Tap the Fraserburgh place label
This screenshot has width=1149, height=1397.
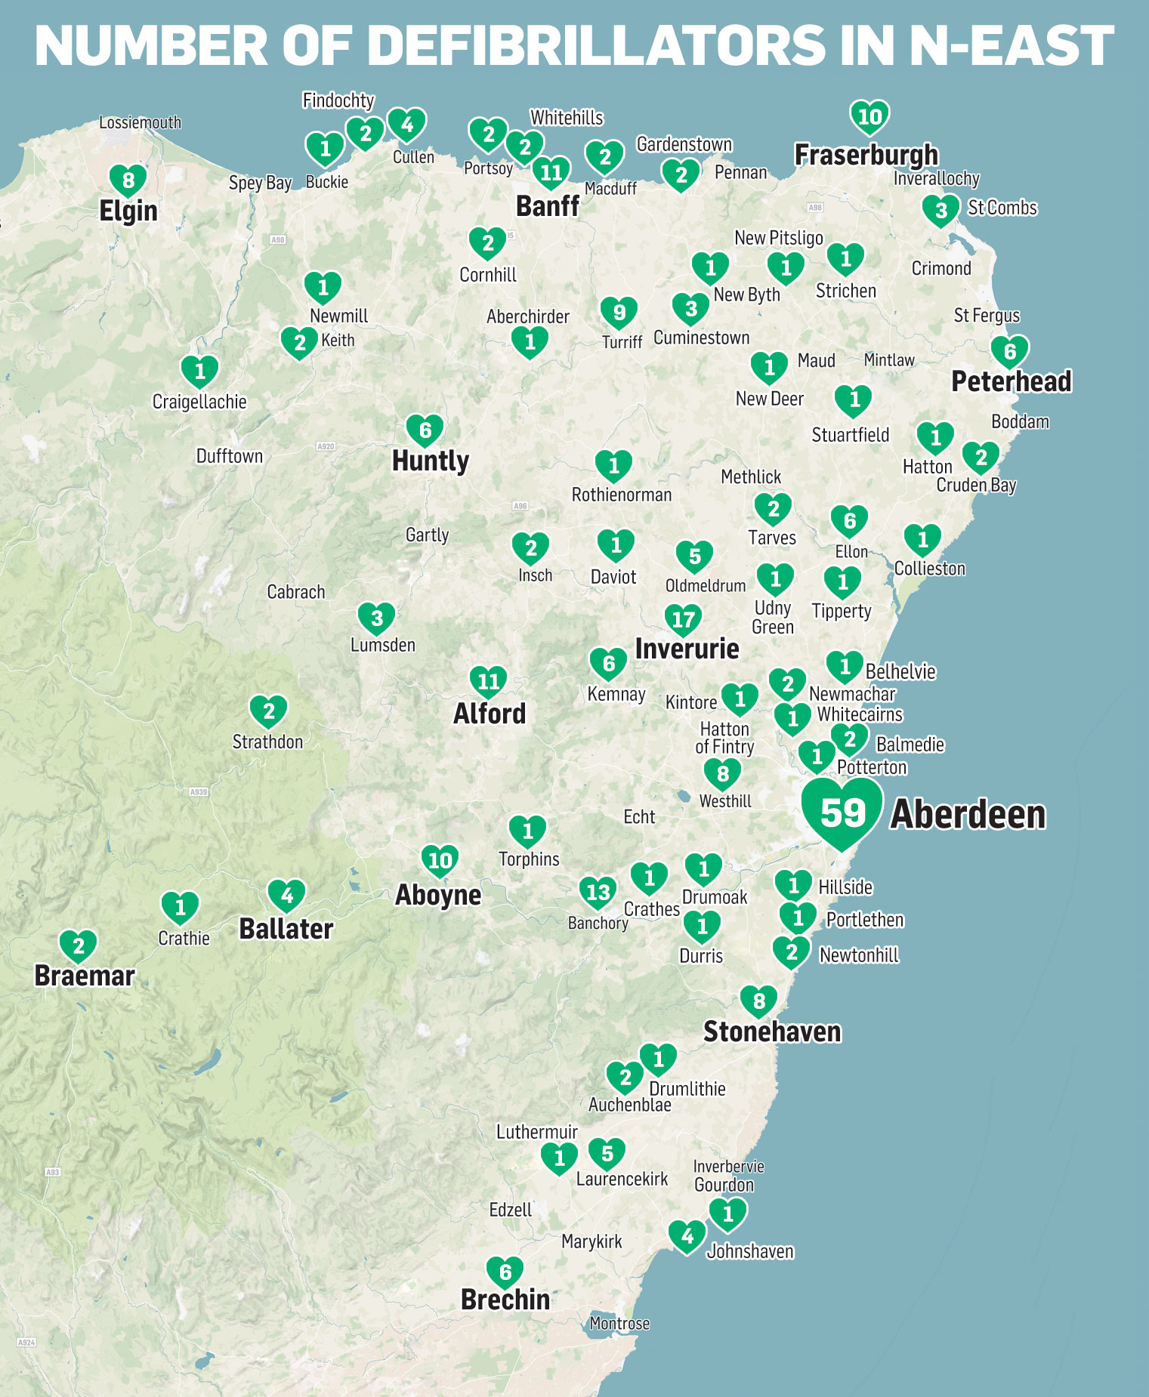pos(866,155)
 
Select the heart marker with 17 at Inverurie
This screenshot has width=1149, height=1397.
pos(683,620)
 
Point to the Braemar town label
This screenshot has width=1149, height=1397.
pos(85,976)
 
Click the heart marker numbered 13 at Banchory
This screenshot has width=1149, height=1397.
pos(598,892)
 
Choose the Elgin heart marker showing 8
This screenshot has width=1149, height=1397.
pos(128,180)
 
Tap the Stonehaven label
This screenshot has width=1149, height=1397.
pos(772,1032)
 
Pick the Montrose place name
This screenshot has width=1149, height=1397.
pos(619,1323)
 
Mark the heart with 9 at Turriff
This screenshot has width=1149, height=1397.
pos(619,312)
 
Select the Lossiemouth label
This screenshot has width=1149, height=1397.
pos(141,122)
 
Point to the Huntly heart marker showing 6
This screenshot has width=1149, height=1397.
pos(425,430)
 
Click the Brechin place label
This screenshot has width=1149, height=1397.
pos(505,1299)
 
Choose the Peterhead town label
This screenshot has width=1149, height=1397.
pos(1011,381)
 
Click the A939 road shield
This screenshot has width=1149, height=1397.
pos(199,792)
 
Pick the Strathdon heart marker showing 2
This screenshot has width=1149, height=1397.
pos(268,711)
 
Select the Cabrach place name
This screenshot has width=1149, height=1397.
pos(296,592)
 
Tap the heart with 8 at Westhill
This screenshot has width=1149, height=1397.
pos(722,773)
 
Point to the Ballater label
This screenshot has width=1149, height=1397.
pos(286,929)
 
